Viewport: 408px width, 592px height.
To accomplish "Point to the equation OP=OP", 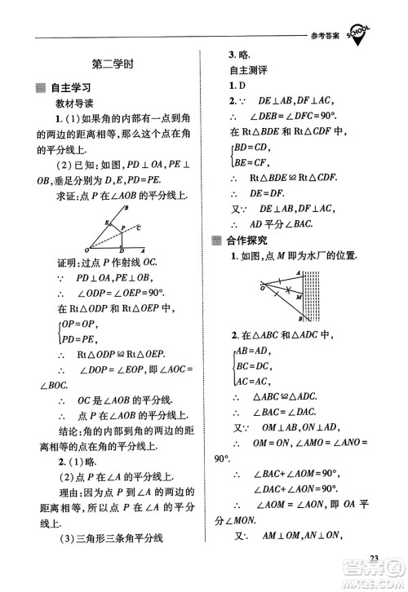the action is point(78,324).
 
